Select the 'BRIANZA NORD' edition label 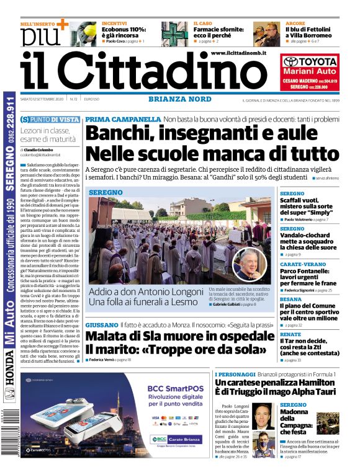pos(180,99)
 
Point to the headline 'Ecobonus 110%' pos(124,30)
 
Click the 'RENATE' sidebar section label pos(290,334)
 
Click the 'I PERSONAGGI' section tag pos(235,375)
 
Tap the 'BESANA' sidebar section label pos(290,299)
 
